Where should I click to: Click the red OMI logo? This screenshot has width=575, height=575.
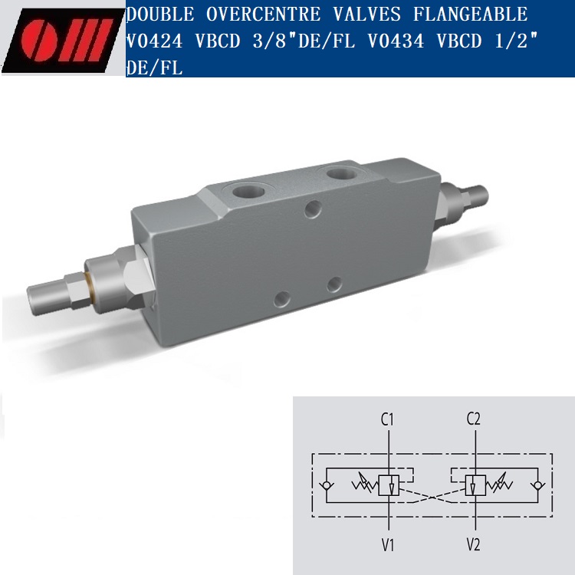[x=61, y=38]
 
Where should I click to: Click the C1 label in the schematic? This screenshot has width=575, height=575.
[x=388, y=419]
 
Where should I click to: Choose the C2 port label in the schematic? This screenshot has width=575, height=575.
[x=474, y=419]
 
